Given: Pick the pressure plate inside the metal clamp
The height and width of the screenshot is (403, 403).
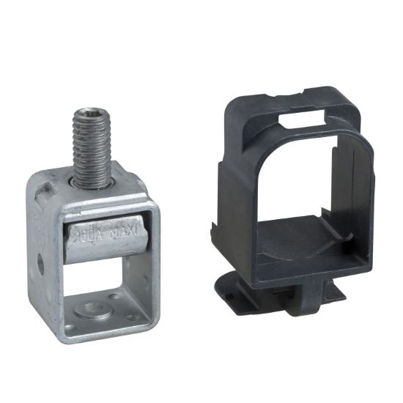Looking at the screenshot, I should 110,240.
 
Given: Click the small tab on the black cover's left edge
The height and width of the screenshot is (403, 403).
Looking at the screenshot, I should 217,220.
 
